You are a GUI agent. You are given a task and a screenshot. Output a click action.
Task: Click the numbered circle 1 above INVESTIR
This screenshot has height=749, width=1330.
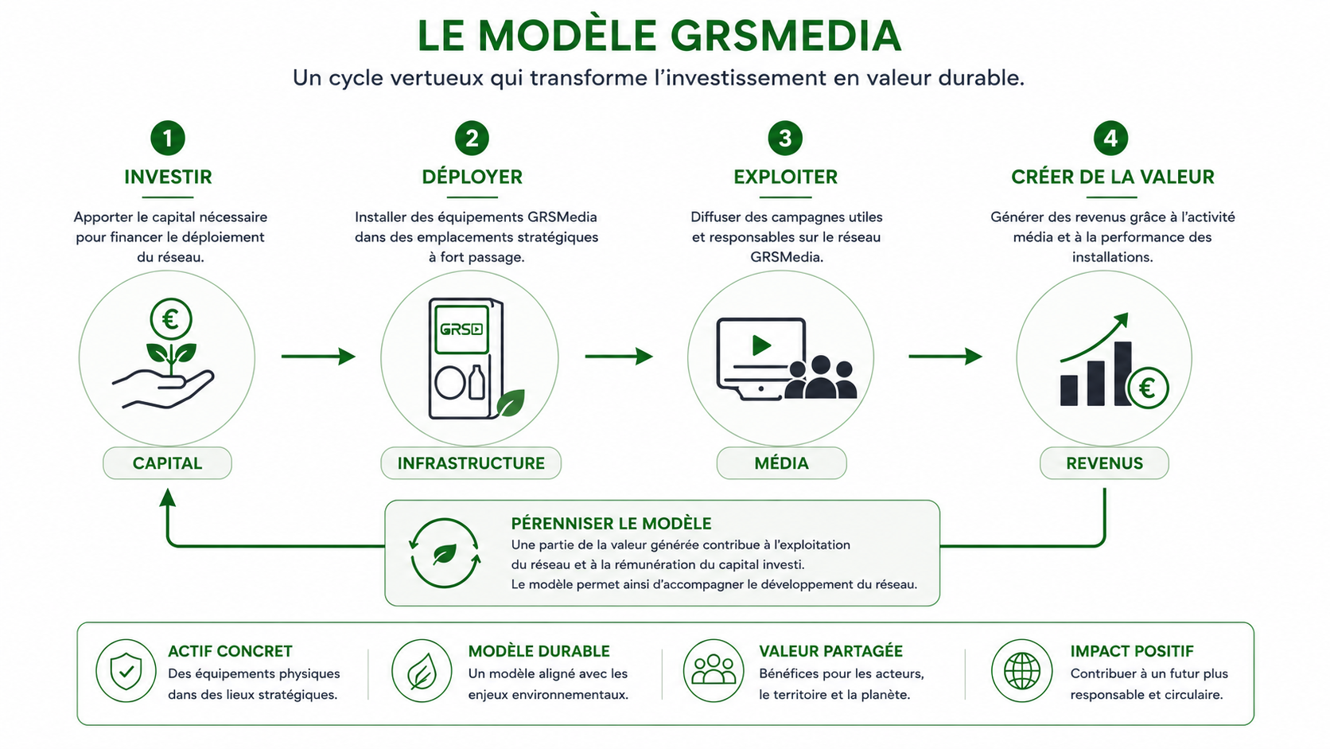(x=167, y=138)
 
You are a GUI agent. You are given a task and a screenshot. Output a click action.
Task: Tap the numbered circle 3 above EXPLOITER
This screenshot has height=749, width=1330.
(x=785, y=138)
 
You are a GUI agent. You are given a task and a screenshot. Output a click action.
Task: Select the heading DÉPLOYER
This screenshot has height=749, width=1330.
(x=472, y=177)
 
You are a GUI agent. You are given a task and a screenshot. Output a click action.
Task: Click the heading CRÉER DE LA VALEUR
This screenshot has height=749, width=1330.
(x=1113, y=177)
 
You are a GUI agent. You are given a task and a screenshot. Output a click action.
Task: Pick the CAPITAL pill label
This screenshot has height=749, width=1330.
(x=167, y=463)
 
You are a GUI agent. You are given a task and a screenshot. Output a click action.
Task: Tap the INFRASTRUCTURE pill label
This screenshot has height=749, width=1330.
(x=471, y=463)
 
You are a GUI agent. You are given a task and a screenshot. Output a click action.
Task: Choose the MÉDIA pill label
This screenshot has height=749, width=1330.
(x=781, y=463)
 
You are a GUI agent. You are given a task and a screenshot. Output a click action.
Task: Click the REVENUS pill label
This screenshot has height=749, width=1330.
(x=1104, y=463)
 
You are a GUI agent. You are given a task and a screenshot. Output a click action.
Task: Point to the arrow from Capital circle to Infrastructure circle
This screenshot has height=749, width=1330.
(x=318, y=357)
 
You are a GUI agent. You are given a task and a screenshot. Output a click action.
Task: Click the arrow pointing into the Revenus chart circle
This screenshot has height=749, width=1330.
(x=945, y=357)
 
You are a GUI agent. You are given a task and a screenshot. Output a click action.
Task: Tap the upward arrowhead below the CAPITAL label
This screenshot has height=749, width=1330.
(x=167, y=497)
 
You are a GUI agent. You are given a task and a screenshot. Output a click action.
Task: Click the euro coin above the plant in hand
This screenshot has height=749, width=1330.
(x=171, y=319)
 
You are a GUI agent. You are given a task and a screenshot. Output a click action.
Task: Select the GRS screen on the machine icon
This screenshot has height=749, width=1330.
(x=462, y=329)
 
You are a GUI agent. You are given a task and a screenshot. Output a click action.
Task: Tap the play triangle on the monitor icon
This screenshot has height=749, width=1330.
(x=761, y=345)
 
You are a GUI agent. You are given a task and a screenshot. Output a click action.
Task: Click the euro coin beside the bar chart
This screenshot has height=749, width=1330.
(x=1149, y=388)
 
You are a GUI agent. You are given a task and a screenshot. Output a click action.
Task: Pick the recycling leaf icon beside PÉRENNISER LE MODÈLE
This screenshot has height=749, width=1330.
(x=445, y=553)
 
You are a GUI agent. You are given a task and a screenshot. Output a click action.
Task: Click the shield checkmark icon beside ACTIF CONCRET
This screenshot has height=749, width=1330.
(x=126, y=671)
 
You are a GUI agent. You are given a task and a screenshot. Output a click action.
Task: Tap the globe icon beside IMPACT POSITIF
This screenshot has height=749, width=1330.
(x=1022, y=671)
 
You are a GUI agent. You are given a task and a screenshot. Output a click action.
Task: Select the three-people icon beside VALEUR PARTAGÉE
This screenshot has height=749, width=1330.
(x=714, y=671)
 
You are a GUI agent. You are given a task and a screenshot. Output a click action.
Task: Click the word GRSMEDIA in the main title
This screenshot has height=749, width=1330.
(x=786, y=36)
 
